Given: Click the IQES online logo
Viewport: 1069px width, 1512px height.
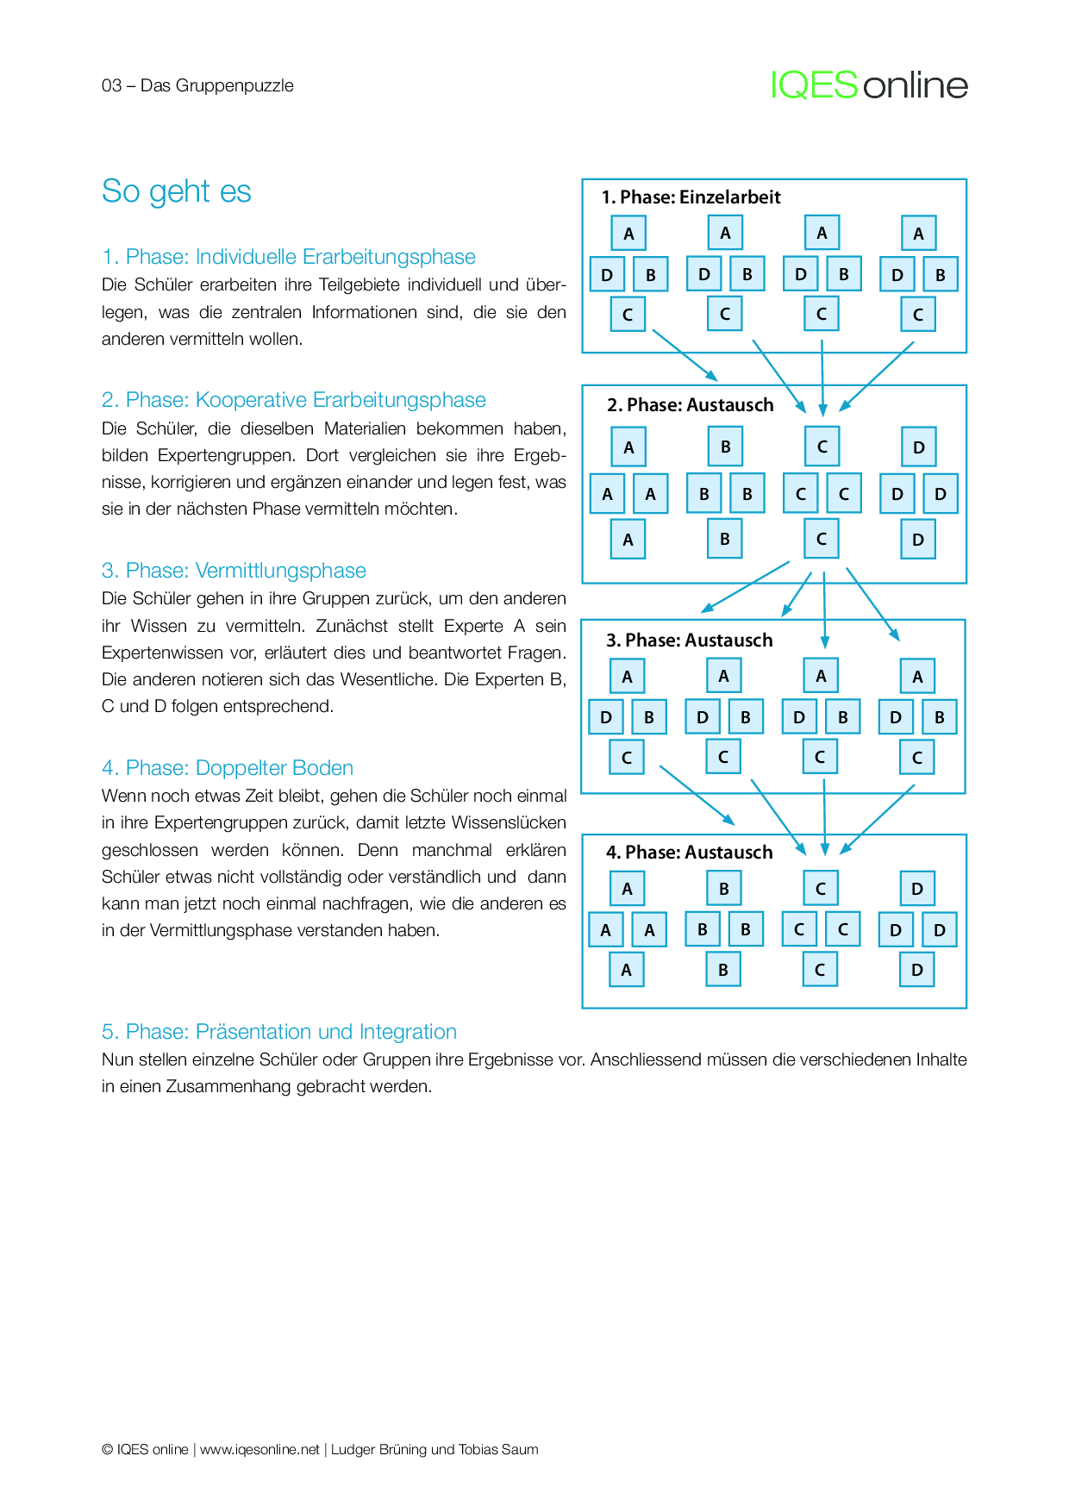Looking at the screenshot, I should (x=869, y=85).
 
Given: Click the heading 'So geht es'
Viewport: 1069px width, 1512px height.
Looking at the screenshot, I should (x=176, y=191).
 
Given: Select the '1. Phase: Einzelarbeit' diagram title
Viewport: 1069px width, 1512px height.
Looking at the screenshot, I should (x=691, y=197).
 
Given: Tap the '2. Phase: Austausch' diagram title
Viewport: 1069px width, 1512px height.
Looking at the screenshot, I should (x=690, y=405).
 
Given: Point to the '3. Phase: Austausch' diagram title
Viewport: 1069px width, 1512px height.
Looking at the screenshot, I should (x=689, y=640).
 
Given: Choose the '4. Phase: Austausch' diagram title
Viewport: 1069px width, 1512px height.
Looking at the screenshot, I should (x=689, y=853).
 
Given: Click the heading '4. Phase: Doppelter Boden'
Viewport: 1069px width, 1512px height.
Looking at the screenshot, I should (x=228, y=768).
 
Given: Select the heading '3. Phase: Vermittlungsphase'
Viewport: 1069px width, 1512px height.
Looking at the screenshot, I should (x=234, y=571).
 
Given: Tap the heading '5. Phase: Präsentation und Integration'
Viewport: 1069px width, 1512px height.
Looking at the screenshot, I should (x=279, y=1032).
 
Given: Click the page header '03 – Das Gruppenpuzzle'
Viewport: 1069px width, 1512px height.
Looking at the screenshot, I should (x=197, y=85).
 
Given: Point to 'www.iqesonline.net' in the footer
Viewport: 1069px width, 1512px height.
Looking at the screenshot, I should (x=259, y=1450).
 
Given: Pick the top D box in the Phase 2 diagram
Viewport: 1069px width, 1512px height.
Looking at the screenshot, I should (x=918, y=447).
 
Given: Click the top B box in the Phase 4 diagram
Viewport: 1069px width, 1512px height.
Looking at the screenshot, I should (x=723, y=889).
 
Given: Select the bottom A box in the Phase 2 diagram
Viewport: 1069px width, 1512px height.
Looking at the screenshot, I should (x=628, y=540).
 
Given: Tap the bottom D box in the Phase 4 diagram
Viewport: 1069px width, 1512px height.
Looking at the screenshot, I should (x=916, y=970).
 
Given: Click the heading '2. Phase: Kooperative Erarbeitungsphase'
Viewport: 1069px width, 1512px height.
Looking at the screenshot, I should (x=294, y=400).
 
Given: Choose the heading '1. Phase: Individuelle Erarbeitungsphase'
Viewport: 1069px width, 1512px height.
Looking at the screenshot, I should (x=289, y=257).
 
